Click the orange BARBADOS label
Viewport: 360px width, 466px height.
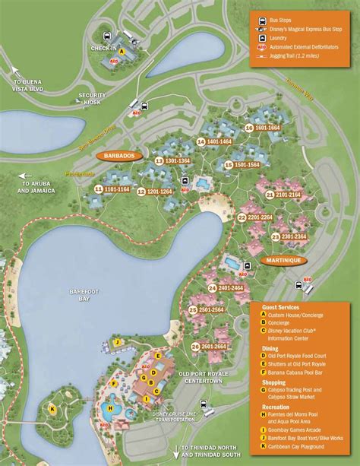tap(118, 154)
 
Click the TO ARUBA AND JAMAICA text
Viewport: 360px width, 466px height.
tap(38, 187)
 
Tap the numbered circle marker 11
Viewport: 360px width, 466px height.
tap(99, 189)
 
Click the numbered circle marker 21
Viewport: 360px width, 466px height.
tap(270, 195)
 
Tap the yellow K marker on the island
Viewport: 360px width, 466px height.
tap(52, 409)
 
